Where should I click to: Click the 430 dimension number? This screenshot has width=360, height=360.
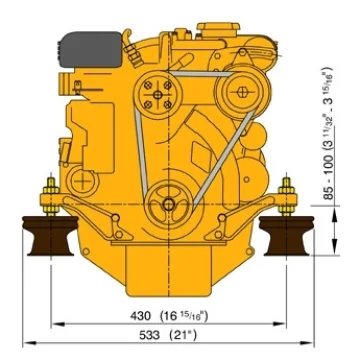point(140,315)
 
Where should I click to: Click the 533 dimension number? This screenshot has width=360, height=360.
point(149,335)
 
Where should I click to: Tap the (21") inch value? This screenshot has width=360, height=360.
point(183,335)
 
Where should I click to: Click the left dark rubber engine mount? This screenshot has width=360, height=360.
point(50,235)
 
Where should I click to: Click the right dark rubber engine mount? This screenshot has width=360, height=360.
point(287,235)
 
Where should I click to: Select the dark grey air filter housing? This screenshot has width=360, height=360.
point(89,49)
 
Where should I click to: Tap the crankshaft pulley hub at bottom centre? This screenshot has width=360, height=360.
point(168,204)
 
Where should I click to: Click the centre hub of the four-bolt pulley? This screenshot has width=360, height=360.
point(158,95)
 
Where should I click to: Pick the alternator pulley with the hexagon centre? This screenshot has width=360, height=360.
point(242,92)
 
